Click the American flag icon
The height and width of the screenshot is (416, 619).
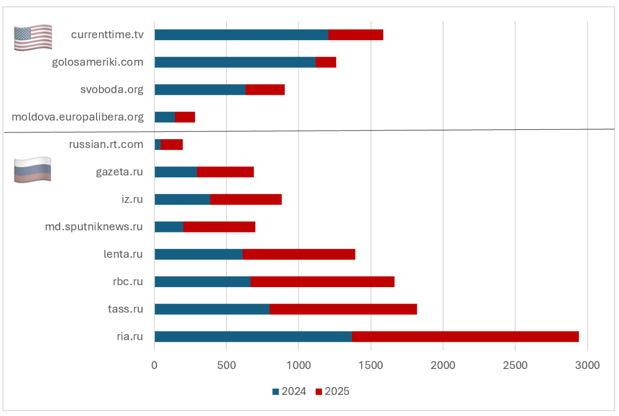point(33,37)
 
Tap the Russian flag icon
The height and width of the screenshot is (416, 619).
point(32,169)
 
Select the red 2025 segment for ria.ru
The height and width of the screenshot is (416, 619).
point(465,336)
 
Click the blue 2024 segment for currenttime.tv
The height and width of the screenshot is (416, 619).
point(241,35)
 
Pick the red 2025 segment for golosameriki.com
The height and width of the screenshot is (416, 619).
point(326,62)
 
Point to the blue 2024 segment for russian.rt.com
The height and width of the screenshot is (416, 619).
point(158,144)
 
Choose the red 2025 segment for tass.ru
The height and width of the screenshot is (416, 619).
point(343,309)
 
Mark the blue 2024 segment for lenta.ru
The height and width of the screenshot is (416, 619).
point(199,254)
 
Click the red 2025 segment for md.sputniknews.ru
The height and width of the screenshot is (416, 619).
point(219,227)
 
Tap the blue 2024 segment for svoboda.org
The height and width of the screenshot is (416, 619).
point(200,90)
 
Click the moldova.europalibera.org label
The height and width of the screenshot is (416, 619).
point(77,117)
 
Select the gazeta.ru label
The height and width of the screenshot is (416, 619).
point(120,172)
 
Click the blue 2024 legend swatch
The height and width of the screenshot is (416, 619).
point(275,392)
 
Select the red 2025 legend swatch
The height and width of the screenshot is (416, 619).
point(318,392)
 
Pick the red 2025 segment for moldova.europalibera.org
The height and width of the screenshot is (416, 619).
point(185,117)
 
